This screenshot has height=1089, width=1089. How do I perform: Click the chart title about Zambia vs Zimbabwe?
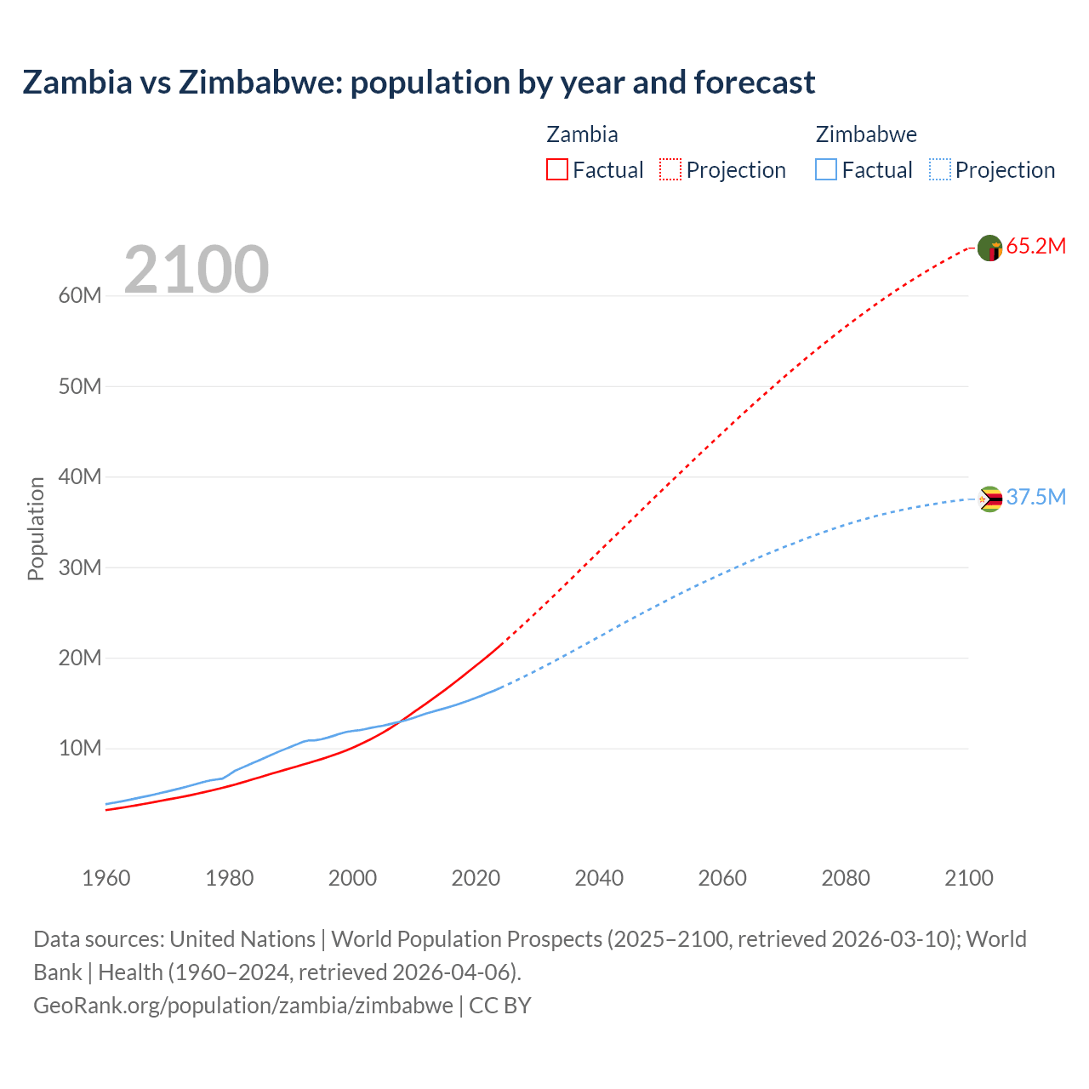pos(419,83)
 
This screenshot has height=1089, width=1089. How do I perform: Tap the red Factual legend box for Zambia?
pos(556,169)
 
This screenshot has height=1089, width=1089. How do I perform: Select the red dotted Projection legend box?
pos(670,169)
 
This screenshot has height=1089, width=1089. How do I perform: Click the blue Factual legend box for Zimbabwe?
pos(826,169)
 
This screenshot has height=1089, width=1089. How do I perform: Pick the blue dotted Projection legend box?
pos(940,169)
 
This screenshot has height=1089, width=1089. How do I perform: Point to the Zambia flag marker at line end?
pos(990,248)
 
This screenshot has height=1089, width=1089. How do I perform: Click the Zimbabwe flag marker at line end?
pos(990,499)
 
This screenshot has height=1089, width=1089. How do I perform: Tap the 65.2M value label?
pos(1035,247)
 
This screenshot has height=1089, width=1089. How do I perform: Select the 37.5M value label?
pos(1035,498)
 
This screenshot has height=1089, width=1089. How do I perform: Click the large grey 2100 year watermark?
pos(197,270)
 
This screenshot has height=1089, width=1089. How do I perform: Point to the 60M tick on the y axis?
pos(80,296)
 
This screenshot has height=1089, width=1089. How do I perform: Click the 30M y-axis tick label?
pos(80,567)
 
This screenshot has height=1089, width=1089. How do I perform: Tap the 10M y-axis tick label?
pos(80,749)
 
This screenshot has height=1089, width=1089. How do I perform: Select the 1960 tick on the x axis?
pos(106,878)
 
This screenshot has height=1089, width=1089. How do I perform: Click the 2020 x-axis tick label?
pos(476,878)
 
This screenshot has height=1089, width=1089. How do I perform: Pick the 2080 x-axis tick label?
pos(846,878)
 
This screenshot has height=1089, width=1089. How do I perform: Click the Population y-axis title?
pos(36,528)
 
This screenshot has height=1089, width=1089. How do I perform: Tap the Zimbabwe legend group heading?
pos(866,134)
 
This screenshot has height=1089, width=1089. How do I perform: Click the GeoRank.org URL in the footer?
pos(243,1006)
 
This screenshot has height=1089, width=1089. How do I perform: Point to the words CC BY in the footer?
pos(500,1006)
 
